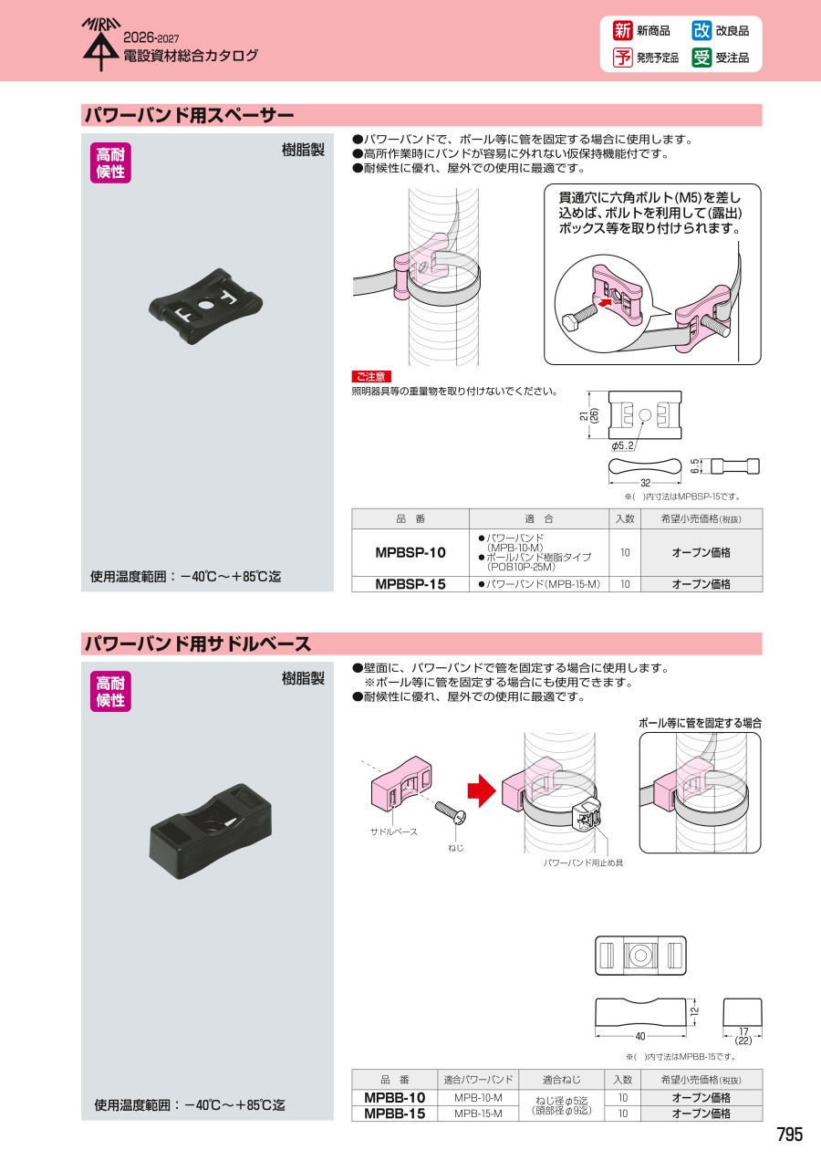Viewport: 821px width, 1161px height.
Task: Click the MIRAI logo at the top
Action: click(x=101, y=44)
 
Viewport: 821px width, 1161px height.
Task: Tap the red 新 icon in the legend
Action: click(x=622, y=31)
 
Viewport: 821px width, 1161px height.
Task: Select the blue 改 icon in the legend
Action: click(x=701, y=31)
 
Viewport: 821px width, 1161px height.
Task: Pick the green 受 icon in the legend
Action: click(x=701, y=58)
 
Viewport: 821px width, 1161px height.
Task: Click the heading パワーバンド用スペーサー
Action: click(x=189, y=115)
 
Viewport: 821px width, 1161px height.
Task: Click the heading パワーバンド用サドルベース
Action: click(x=197, y=643)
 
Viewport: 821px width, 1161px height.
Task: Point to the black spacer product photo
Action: click(x=205, y=305)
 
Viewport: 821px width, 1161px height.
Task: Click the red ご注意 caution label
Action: click(x=371, y=376)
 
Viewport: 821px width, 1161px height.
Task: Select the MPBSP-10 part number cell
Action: click(x=410, y=552)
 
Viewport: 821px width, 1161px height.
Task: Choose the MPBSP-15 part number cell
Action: click(x=410, y=584)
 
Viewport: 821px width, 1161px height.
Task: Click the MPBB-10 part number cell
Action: click(x=395, y=1097)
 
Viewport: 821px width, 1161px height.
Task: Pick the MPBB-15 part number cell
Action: click(x=395, y=1114)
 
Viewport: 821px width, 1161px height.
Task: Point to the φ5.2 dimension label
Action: click(x=622, y=445)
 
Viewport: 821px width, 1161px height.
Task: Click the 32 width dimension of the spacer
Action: click(x=646, y=483)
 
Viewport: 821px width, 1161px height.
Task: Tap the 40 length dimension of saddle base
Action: click(x=640, y=1036)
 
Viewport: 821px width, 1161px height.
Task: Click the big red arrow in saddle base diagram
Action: click(x=482, y=790)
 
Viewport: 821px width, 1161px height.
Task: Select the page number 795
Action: click(x=789, y=1135)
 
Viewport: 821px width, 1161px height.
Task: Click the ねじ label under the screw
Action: click(x=456, y=848)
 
